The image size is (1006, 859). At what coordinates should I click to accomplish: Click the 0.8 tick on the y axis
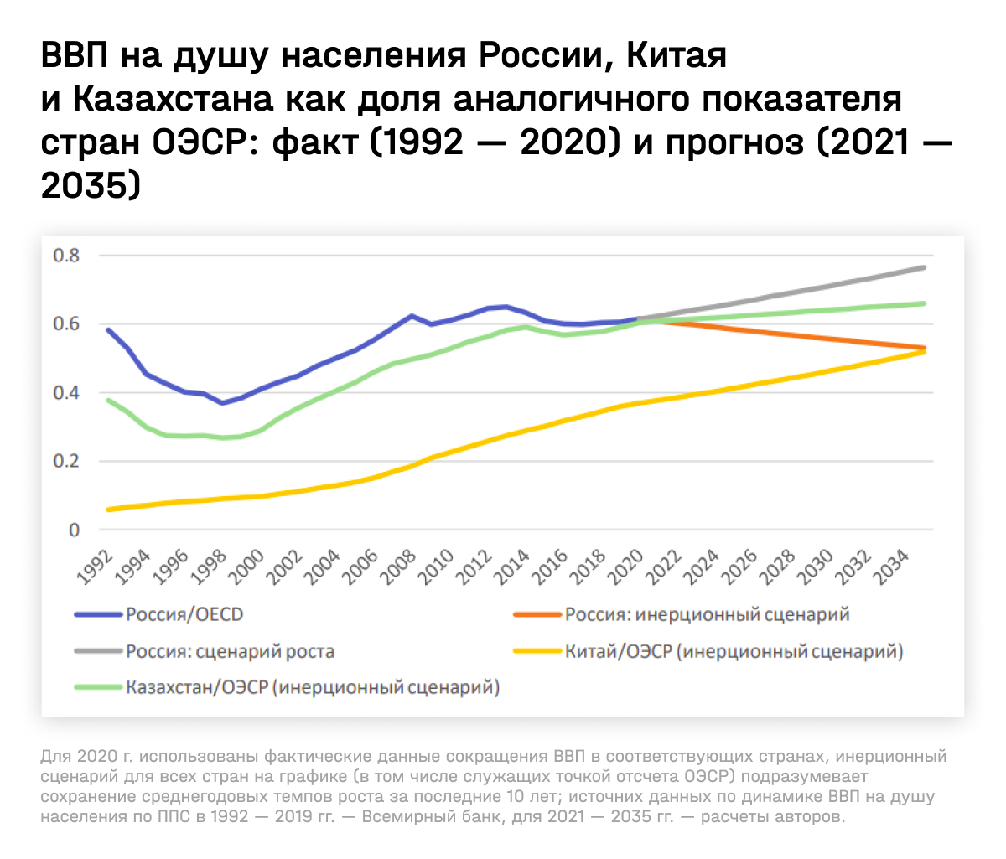coord(66,255)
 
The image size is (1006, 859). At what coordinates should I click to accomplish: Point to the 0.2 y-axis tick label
coord(66,461)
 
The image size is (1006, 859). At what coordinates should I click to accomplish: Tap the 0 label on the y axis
coord(74,530)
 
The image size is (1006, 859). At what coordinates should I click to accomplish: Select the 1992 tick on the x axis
coord(96,567)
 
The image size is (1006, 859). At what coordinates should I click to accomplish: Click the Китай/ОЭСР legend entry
coord(734,651)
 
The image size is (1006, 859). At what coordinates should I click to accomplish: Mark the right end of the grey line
coord(925,267)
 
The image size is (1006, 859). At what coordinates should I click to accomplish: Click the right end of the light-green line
coord(925,303)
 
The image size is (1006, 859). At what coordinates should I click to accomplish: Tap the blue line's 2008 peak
coord(411,316)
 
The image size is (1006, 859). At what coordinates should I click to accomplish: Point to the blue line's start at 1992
coord(108,329)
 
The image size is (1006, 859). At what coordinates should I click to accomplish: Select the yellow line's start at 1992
coord(108,510)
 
